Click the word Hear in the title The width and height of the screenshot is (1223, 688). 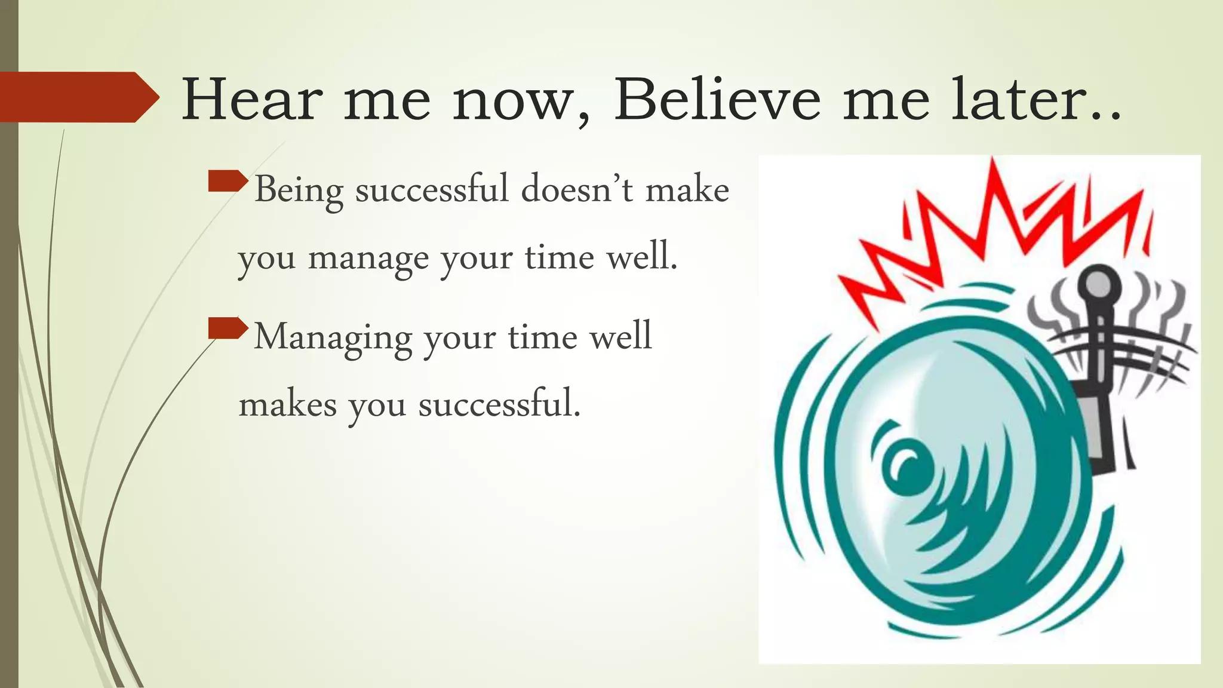point(252,100)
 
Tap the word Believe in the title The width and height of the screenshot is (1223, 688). point(717,100)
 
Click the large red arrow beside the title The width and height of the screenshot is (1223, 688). point(78,97)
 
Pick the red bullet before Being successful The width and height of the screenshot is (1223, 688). point(228,181)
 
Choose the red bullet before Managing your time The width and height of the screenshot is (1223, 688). point(228,328)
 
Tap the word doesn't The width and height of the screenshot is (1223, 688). point(576,190)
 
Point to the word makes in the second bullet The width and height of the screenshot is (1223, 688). point(287,405)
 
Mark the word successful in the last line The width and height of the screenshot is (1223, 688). point(499,404)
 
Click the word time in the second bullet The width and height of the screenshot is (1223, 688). point(543,337)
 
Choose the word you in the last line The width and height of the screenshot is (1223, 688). point(377,406)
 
